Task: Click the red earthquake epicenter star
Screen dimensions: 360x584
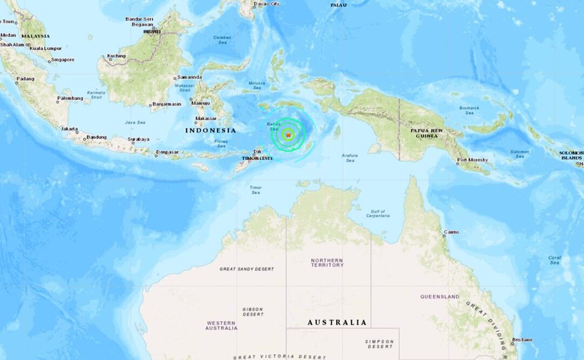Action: (x=288, y=135)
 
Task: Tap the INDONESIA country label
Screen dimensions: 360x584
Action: (x=211, y=130)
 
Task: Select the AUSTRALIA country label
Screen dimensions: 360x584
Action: (x=337, y=323)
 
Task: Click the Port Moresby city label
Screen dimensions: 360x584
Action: (x=472, y=160)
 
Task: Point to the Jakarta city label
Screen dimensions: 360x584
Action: (x=69, y=129)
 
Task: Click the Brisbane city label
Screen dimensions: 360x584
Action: (x=522, y=339)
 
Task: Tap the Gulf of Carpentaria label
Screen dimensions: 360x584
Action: (x=378, y=214)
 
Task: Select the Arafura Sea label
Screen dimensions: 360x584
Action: (x=350, y=158)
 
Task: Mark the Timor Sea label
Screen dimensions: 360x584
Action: (x=256, y=190)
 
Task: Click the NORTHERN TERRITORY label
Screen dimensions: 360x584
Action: (x=327, y=263)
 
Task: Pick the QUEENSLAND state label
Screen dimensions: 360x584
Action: (x=440, y=297)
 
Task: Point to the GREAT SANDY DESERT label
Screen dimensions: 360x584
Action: (x=246, y=269)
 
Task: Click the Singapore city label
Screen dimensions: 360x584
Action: (x=63, y=59)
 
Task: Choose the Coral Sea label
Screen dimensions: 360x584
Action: (x=554, y=260)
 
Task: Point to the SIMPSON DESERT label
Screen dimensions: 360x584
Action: (x=379, y=344)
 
